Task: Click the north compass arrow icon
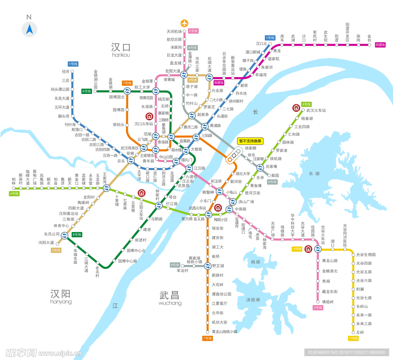[x=29, y=29]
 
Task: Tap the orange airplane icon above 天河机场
[x=185, y=23]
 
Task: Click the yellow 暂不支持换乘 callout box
[x=250, y=141]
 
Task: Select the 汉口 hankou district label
[x=121, y=49]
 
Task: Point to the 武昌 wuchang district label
[x=170, y=297]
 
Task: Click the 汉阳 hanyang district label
[x=61, y=296]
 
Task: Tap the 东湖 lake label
[x=314, y=174]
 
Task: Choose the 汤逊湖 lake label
[x=253, y=299]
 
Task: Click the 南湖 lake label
[x=255, y=262]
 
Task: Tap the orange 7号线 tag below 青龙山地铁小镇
[x=207, y=338]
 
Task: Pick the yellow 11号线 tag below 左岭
[x=353, y=338]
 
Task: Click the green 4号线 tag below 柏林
[x=14, y=194]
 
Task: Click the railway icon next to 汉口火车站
[x=149, y=116]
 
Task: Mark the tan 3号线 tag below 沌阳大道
[x=56, y=250]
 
